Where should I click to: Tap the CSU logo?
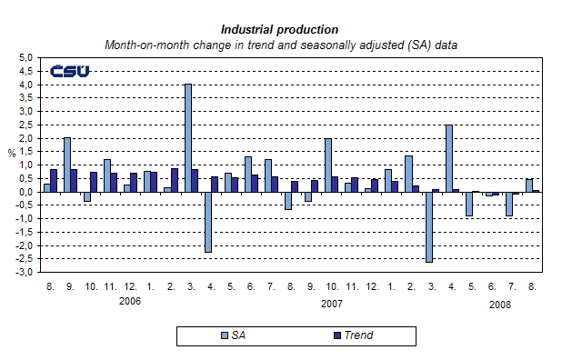coord(69,71)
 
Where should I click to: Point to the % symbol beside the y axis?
coord(12,153)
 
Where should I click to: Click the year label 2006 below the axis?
coord(130,300)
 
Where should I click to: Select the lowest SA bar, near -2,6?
coord(429,227)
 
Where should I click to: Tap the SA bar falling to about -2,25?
coord(207,222)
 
